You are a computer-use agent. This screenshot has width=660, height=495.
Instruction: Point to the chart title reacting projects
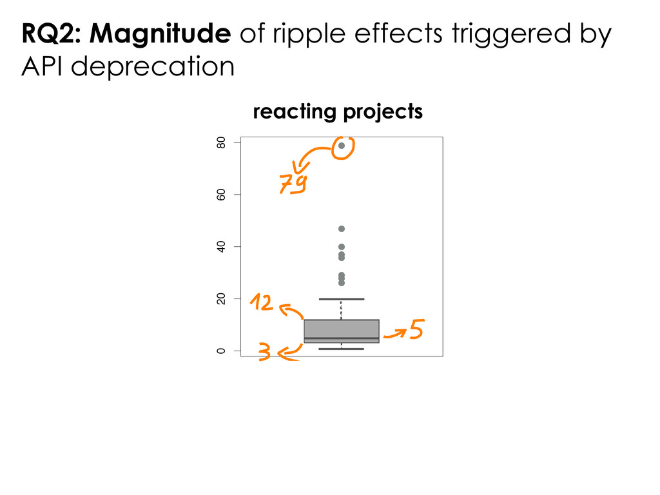click(x=338, y=112)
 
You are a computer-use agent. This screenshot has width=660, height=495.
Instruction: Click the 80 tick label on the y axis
click(x=221, y=142)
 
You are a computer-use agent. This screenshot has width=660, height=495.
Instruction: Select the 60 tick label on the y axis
click(x=221, y=195)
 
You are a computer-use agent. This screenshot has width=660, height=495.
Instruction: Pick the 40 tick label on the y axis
click(x=221, y=247)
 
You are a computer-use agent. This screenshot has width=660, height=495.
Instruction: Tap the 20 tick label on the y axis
click(x=221, y=299)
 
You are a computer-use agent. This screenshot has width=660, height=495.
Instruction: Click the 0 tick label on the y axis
click(x=221, y=351)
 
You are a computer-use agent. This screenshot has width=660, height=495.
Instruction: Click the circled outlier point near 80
click(x=342, y=146)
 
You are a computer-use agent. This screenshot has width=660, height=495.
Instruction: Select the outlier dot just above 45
click(x=342, y=229)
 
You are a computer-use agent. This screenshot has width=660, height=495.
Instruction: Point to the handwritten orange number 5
click(x=416, y=330)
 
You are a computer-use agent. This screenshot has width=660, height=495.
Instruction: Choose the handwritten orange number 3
click(x=264, y=352)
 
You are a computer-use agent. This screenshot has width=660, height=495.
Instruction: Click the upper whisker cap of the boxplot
click(x=342, y=299)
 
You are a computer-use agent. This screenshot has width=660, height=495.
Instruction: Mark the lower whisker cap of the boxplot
click(x=342, y=349)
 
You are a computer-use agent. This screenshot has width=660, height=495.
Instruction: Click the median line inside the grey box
click(x=342, y=338)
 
